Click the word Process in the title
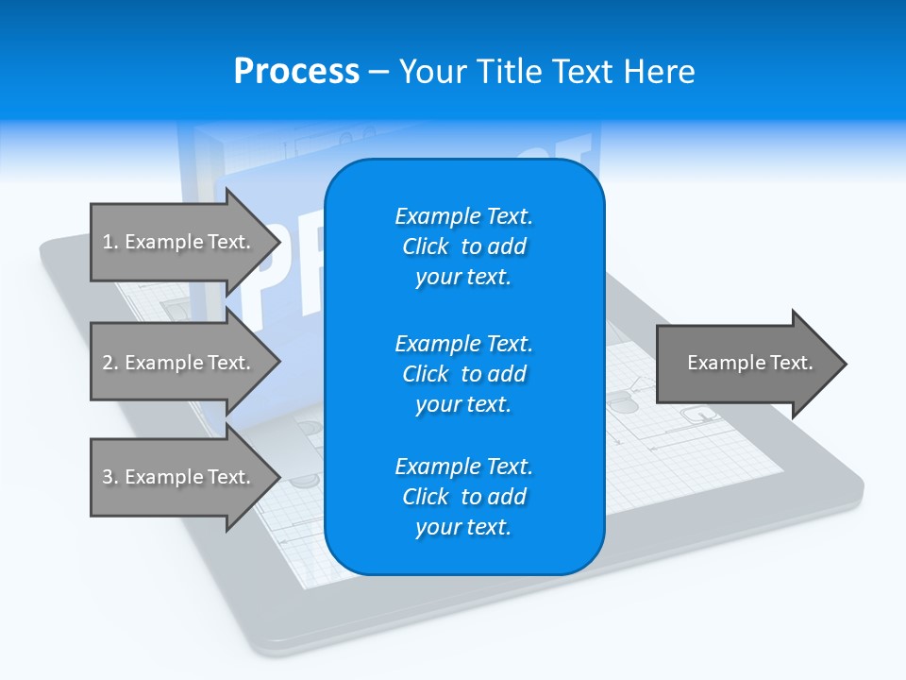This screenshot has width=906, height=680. [x=296, y=72]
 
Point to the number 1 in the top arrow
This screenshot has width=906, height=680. [x=107, y=242]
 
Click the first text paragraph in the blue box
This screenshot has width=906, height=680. [x=463, y=246]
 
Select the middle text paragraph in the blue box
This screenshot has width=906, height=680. [x=463, y=373]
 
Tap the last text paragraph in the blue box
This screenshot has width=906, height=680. [x=463, y=497]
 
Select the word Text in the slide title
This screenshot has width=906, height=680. [x=584, y=72]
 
